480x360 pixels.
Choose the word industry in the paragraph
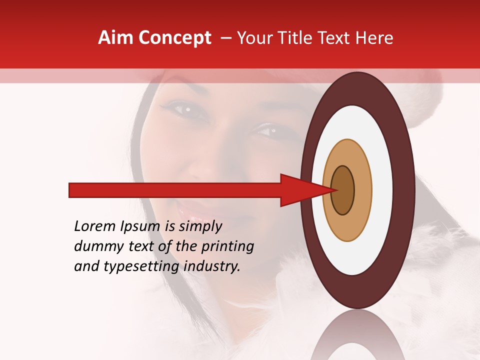click(x=212, y=267)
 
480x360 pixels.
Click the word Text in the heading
click(x=336, y=38)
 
